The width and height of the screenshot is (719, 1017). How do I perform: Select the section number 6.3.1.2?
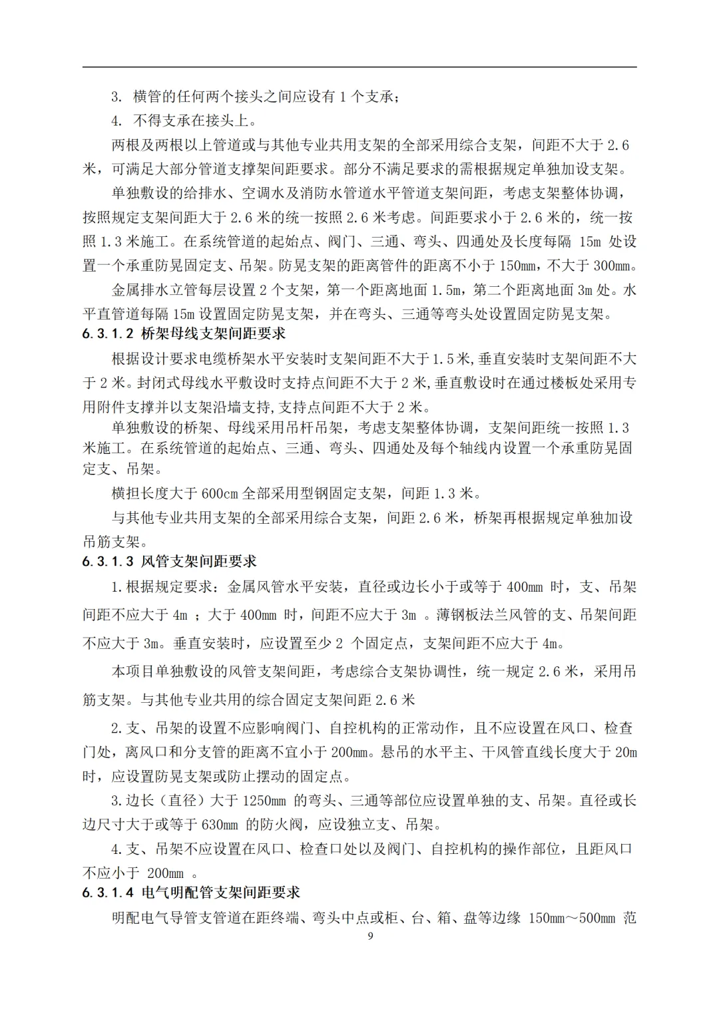click(x=109, y=333)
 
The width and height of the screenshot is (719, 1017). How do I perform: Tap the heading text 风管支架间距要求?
click(x=199, y=561)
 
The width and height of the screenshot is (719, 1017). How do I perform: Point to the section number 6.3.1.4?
click(x=109, y=893)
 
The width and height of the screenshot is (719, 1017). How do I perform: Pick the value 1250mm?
click(x=264, y=800)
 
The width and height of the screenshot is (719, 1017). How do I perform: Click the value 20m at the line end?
click(x=626, y=752)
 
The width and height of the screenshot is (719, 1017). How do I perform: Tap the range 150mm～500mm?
click(x=571, y=918)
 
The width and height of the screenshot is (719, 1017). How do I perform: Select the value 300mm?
click(x=611, y=266)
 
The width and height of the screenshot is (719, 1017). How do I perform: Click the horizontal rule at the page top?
click(x=359, y=67)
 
